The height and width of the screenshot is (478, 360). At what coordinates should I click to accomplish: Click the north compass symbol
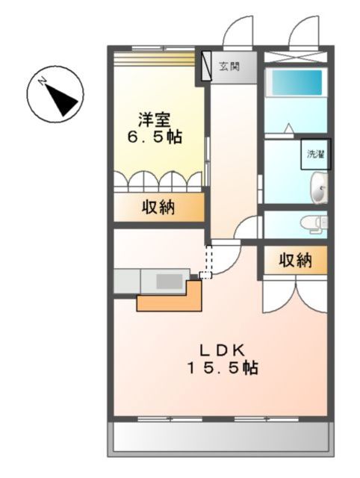point(55,95)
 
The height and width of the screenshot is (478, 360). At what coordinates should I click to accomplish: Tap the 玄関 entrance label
point(229,66)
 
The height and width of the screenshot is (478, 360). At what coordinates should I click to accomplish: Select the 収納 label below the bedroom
point(158,207)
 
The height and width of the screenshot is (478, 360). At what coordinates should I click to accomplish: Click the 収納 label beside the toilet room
point(294,261)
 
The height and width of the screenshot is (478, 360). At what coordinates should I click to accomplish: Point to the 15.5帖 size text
point(220,368)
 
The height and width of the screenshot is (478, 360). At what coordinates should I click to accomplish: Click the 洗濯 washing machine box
point(315,155)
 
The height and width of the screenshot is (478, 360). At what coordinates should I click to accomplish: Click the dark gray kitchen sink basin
point(170,281)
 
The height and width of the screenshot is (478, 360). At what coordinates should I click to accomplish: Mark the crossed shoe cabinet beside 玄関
point(202,66)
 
